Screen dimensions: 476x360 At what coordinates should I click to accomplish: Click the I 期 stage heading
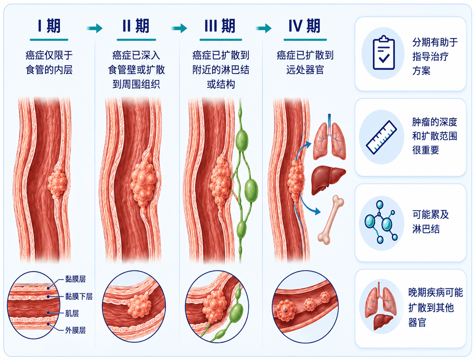[49, 26]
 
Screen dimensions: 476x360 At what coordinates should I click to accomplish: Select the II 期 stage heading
[136, 26]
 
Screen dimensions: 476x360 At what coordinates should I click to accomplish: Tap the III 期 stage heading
[220, 26]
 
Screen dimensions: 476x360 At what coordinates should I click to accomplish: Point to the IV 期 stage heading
[304, 26]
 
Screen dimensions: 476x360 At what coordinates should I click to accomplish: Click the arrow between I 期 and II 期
[94, 28]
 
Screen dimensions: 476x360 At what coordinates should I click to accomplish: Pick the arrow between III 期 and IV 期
[263, 28]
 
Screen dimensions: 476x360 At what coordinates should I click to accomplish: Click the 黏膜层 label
[76, 279]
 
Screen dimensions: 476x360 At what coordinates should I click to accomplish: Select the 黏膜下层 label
[79, 296]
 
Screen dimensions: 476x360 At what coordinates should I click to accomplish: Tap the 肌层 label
[72, 313]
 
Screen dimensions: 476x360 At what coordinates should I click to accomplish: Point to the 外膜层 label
[76, 330]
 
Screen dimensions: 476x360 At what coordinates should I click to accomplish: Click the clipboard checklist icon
[384, 53]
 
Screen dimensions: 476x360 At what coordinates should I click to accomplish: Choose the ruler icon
[382, 137]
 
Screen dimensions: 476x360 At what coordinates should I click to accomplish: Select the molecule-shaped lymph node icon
[381, 222]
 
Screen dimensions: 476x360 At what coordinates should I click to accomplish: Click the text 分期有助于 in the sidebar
[435, 42]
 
